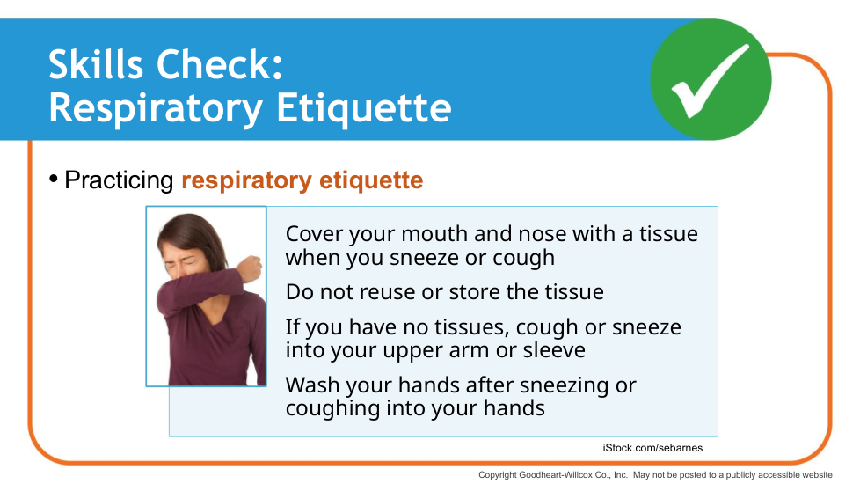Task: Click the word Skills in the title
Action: click(96, 65)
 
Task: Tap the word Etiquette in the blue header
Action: click(364, 107)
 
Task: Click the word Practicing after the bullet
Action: click(119, 180)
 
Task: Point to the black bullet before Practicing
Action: click(54, 179)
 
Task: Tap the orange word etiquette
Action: click(371, 180)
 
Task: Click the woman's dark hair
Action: click(192, 233)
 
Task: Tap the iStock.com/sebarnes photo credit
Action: click(652, 448)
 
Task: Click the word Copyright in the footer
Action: click(498, 475)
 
